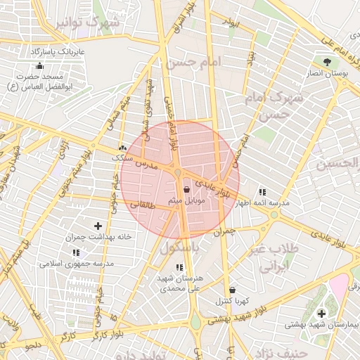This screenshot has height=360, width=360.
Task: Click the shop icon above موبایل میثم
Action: pos(186,190)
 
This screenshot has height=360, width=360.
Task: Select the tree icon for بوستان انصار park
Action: pos(326,62)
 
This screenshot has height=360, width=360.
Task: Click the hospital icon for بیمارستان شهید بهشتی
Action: pos(323,313)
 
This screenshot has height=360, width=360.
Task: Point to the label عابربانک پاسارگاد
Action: pos(58,52)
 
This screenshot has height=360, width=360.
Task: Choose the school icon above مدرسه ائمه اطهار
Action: pos(262,192)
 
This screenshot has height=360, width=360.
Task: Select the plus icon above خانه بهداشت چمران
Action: pos(98,226)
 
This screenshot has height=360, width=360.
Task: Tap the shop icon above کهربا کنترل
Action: pos(232,290)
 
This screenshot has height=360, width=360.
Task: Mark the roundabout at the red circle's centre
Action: pos(179,172)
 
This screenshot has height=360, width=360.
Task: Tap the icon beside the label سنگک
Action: pos(123,148)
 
